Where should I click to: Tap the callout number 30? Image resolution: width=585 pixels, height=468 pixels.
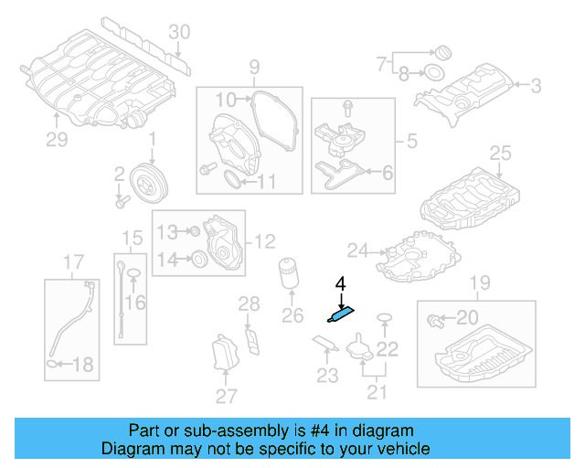179,32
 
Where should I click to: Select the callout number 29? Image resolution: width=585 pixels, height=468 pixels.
58,139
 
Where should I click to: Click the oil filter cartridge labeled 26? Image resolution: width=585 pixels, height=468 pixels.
289,275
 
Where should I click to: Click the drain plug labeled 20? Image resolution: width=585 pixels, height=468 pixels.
433,318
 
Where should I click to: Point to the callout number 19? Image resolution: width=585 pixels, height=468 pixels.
473,281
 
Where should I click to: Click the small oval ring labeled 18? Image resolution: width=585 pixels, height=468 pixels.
53,365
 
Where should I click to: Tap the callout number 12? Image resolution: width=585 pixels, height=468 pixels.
264,241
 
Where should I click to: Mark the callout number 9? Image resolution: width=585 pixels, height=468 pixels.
254,66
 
